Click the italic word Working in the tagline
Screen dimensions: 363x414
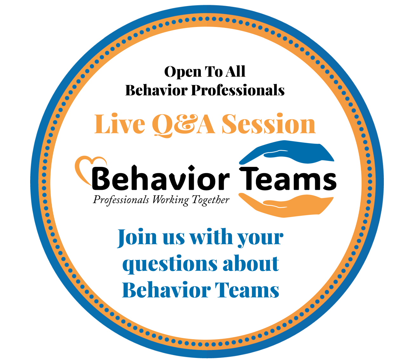tap(170, 200)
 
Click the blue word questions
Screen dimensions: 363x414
tap(170, 264)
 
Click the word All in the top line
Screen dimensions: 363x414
tap(235, 72)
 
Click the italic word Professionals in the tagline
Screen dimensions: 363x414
tap(121, 200)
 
